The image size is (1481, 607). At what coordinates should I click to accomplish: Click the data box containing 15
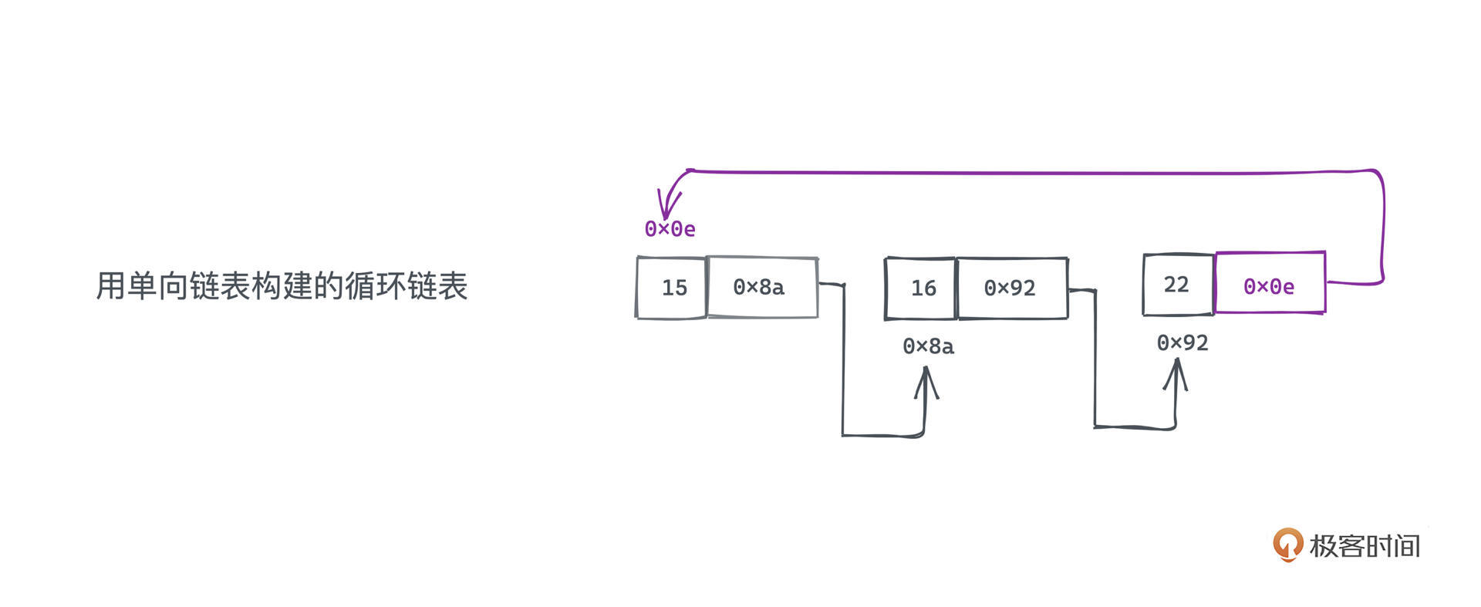click(x=672, y=288)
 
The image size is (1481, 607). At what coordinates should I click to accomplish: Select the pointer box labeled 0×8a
click(x=761, y=288)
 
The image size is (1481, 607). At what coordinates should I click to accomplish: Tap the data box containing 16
click(x=921, y=288)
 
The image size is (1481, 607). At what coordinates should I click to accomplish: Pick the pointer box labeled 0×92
click(x=1011, y=288)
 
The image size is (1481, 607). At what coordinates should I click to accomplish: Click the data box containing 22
click(x=1178, y=285)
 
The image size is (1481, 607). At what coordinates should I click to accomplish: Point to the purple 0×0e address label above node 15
click(x=670, y=229)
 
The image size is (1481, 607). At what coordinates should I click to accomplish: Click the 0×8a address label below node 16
click(x=928, y=346)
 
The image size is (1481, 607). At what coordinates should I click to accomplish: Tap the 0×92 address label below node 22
click(x=1182, y=342)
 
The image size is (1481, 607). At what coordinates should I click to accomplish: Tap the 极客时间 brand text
click(x=1365, y=546)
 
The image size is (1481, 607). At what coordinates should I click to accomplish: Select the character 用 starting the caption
click(x=110, y=285)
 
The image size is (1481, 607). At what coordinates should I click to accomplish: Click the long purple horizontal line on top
click(x=1034, y=172)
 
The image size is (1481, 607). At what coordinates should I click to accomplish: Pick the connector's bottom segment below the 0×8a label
click(x=883, y=436)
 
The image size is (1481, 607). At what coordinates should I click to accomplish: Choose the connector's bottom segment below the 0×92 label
click(x=1134, y=427)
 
